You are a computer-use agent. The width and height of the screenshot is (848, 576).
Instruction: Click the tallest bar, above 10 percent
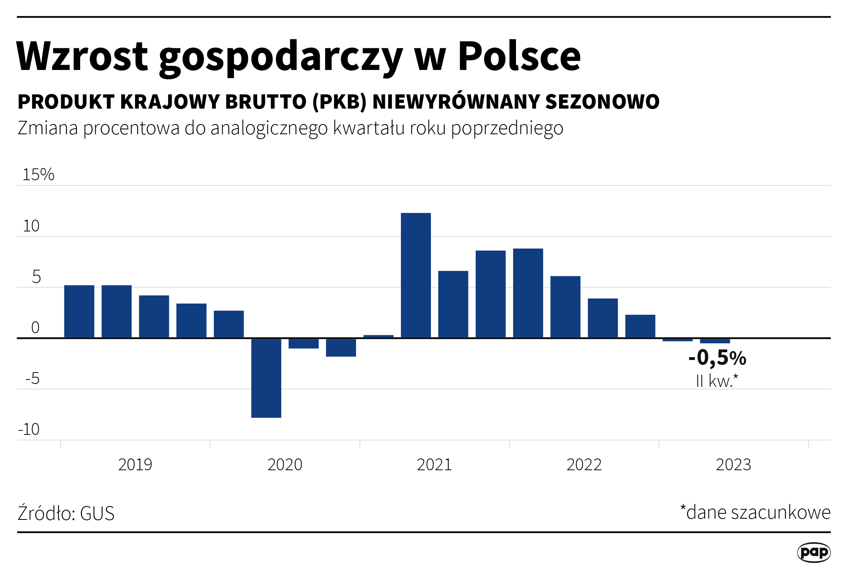coord(415,275)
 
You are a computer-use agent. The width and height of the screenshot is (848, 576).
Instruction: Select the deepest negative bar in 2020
coord(266,377)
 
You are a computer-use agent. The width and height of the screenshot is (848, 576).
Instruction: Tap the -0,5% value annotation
coord(717,358)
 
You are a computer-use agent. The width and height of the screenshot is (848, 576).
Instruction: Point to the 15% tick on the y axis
coord(38,175)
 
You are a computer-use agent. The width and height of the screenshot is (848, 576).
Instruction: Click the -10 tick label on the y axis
coord(29,430)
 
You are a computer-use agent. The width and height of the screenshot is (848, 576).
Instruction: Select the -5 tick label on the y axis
coord(33,379)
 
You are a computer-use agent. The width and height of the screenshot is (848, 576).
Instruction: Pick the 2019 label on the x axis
coord(135,465)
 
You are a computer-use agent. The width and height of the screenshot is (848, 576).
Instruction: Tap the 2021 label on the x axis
coord(434,465)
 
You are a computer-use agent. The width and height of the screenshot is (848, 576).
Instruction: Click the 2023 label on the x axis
coord(733,465)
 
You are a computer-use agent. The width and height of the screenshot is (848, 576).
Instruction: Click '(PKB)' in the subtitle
coord(339,102)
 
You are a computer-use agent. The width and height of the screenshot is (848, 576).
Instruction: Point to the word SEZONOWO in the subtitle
coord(602,102)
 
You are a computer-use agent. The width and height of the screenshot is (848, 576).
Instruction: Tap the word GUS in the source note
coord(97,513)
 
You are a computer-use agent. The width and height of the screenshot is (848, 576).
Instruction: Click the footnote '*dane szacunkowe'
coord(755,513)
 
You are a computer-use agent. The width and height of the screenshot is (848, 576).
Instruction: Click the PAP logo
coord(813,552)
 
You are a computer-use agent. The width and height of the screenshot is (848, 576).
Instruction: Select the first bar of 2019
coord(79,311)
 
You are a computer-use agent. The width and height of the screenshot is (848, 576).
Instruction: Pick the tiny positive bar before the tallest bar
coord(378,336)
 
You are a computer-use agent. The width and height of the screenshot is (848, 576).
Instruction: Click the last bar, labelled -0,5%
coord(715,341)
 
